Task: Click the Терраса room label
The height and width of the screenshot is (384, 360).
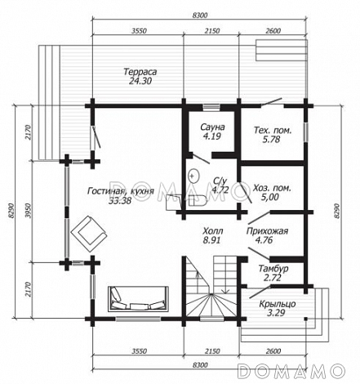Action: click(x=140, y=72)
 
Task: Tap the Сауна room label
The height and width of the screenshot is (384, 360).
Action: click(x=212, y=127)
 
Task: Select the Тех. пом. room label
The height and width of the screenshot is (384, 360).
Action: click(x=273, y=130)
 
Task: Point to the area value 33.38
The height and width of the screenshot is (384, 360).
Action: click(x=120, y=200)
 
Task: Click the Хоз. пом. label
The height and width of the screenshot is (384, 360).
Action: click(x=272, y=188)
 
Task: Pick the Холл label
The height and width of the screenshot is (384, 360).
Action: click(x=213, y=231)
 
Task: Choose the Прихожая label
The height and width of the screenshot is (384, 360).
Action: click(x=267, y=231)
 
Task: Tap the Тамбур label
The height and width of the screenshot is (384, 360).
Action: click(x=273, y=269)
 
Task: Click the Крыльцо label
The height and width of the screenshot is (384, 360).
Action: click(x=278, y=304)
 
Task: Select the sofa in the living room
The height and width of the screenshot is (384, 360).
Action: click(x=138, y=299)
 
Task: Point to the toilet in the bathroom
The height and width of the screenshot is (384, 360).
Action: click(x=198, y=200)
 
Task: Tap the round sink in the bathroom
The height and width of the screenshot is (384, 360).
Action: click(x=193, y=175)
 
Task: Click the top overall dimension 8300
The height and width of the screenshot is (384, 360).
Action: click(x=200, y=16)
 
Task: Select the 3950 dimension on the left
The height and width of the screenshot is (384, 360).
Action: click(x=27, y=210)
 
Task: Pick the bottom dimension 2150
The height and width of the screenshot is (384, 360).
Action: click(x=212, y=351)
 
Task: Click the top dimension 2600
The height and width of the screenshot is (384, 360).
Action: click(x=273, y=31)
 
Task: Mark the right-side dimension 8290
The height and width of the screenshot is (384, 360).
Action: click(x=337, y=211)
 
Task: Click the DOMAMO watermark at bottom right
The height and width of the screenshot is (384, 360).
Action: click(x=291, y=371)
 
